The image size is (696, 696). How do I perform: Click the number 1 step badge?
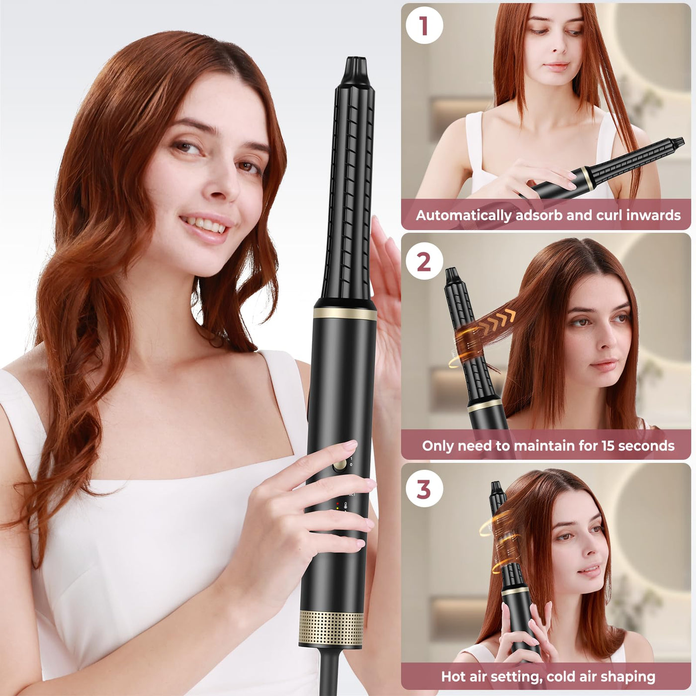pos(424,25)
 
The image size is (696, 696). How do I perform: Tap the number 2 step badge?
pos(424,262)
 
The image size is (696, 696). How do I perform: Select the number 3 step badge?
pos(424,490)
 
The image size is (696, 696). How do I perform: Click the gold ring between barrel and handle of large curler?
pos(345,314)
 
